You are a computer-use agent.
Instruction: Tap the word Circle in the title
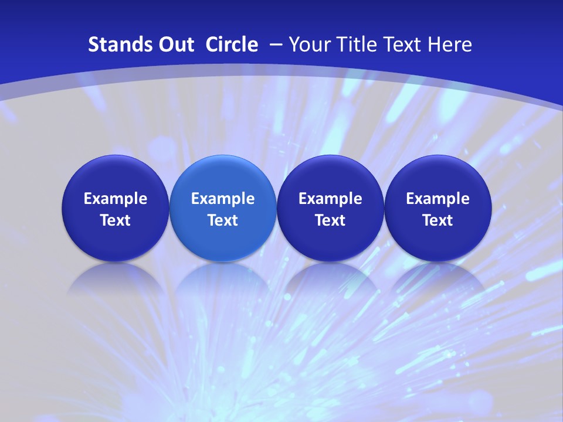(x=232, y=45)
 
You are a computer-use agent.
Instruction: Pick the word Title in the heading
(x=357, y=45)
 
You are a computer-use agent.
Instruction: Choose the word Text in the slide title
(x=405, y=45)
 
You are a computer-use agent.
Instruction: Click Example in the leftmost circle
(x=116, y=199)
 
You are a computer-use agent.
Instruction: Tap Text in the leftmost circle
(x=116, y=220)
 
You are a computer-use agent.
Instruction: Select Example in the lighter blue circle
(x=223, y=199)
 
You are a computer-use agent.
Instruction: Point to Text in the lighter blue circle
(x=223, y=220)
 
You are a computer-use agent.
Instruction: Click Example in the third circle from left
(x=330, y=199)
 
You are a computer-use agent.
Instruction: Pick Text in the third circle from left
(x=330, y=220)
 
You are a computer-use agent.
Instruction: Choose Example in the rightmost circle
(x=437, y=199)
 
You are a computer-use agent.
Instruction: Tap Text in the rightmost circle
(x=437, y=220)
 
